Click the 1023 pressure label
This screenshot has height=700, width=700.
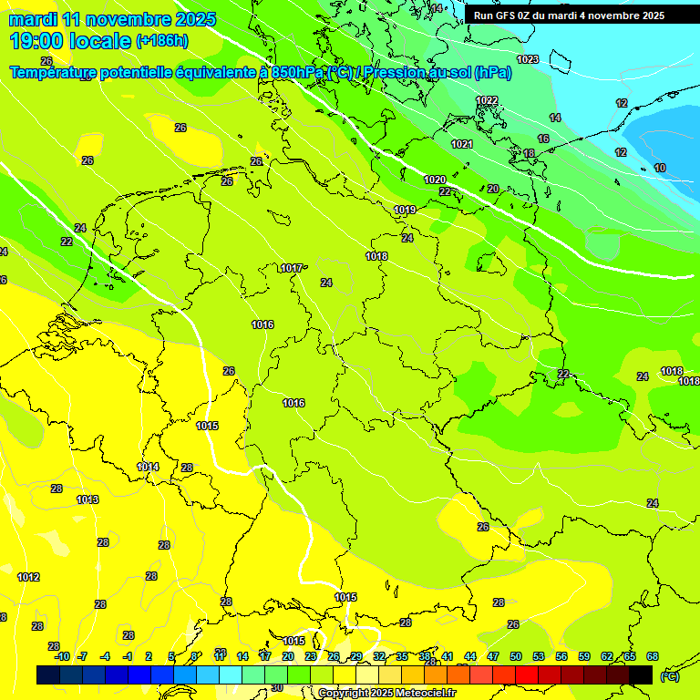pos(527,59)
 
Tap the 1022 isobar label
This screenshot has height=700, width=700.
pos(487,100)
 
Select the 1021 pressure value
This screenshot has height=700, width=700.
pos(462,144)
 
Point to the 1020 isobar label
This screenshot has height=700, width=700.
pos(435,180)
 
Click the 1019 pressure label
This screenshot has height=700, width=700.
pos(405,211)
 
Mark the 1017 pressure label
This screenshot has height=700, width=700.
pos(292,268)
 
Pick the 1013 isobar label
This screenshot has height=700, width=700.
pos(87,499)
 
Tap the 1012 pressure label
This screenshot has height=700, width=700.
pos(28,577)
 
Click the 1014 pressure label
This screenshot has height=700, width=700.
pos(148,468)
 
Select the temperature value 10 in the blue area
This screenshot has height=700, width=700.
pos(660,168)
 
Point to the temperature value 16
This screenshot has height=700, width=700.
pos(543,139)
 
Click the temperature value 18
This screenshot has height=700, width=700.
pos(529,153)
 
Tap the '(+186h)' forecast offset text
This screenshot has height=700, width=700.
pos(161,41)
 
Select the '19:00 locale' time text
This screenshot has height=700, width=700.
pos(71,41)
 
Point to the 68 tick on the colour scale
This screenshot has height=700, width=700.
pos(653,656)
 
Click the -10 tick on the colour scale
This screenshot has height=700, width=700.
pos(62,656)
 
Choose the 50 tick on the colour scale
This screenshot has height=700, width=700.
pos(516,656)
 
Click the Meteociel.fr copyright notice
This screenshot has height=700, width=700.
pos(387,694)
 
